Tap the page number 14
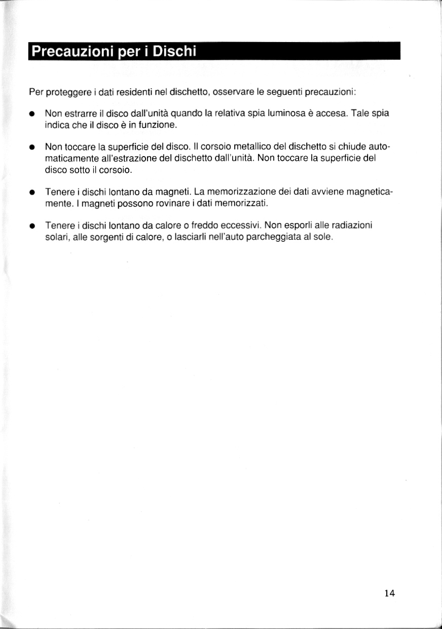[389, 593]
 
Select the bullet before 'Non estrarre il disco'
[31, 114]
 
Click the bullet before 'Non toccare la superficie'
[31, 148]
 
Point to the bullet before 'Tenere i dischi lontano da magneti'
[31, 193]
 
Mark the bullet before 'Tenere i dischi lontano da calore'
[31, 227]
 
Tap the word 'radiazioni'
[354, 226]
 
